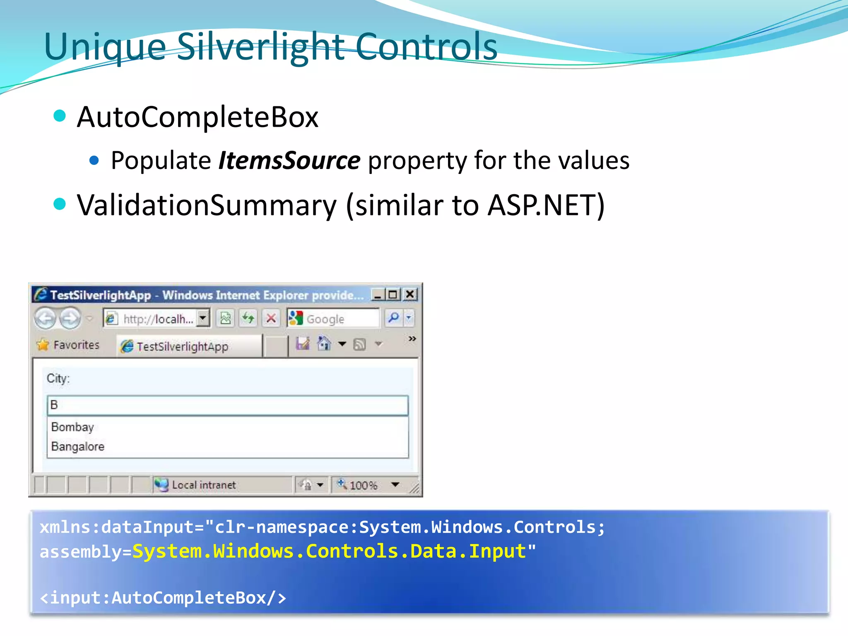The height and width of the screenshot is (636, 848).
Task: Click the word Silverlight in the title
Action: (261, 46)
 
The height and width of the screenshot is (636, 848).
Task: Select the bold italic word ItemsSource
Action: (289, 161)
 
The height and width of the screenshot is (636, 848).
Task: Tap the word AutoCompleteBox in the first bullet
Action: (198, 117)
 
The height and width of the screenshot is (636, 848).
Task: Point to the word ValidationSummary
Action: (207, 205)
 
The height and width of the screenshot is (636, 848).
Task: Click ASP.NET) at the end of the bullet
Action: (546, 205)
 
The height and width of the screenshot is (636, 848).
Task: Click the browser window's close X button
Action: (410, 294)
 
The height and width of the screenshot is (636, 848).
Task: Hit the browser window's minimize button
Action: (377, 295)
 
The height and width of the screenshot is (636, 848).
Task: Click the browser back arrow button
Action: (45, 318)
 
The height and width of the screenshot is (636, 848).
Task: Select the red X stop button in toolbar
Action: (271, 318)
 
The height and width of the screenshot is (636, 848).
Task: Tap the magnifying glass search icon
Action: (393, 318)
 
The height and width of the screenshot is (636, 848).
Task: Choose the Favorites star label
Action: (68, 345)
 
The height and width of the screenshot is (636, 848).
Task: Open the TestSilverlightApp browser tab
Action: (182, 347)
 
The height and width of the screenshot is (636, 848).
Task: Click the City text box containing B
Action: (228, 405)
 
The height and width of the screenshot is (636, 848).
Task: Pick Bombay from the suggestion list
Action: (73, 427)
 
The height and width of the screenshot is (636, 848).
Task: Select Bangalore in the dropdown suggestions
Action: (78, 446)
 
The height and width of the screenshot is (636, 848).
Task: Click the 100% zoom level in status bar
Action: (363, 485)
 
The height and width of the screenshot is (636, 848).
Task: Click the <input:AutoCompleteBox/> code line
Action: (163, 598)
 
